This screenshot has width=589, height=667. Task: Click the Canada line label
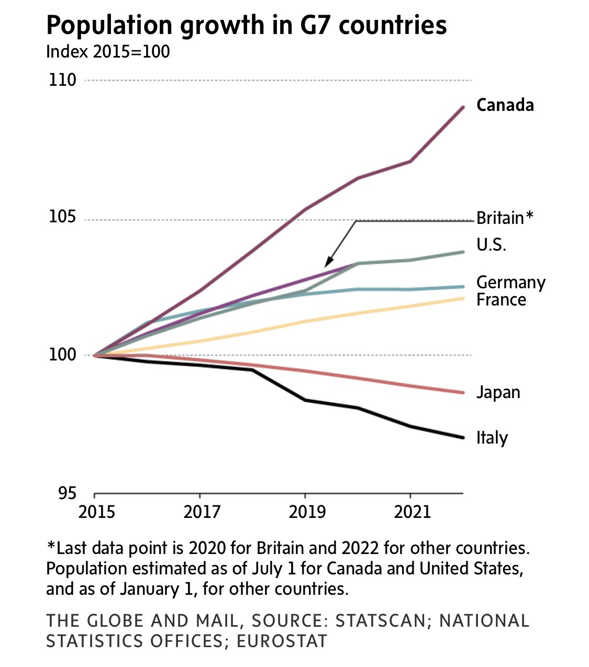[x=505, y=105]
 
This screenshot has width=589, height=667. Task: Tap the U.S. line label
[x=491, y=245]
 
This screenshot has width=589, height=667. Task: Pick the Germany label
[x=510, y=282]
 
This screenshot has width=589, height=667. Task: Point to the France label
[x=501, y=300]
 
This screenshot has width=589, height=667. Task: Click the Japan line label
[x=498, y=392]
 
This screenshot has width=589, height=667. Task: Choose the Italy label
[x=492, y=438]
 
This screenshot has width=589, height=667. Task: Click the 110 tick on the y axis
[x=62, y=80]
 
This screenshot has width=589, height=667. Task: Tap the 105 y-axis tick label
[x=62, y=217]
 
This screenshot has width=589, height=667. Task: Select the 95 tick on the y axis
[x=67, y=493]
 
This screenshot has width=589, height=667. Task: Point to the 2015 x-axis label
[x=96, y=512]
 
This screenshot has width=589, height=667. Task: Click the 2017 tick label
[x=202, y=512]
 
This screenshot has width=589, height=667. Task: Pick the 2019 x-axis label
[x=307, y=512]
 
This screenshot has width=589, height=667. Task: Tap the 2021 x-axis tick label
[x=412, y=512]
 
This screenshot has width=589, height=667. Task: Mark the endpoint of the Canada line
[x=463, y=107]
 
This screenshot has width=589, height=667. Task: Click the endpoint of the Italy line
[x=463, y=437]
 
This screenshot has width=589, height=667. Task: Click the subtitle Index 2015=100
[x=108, y=52]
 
